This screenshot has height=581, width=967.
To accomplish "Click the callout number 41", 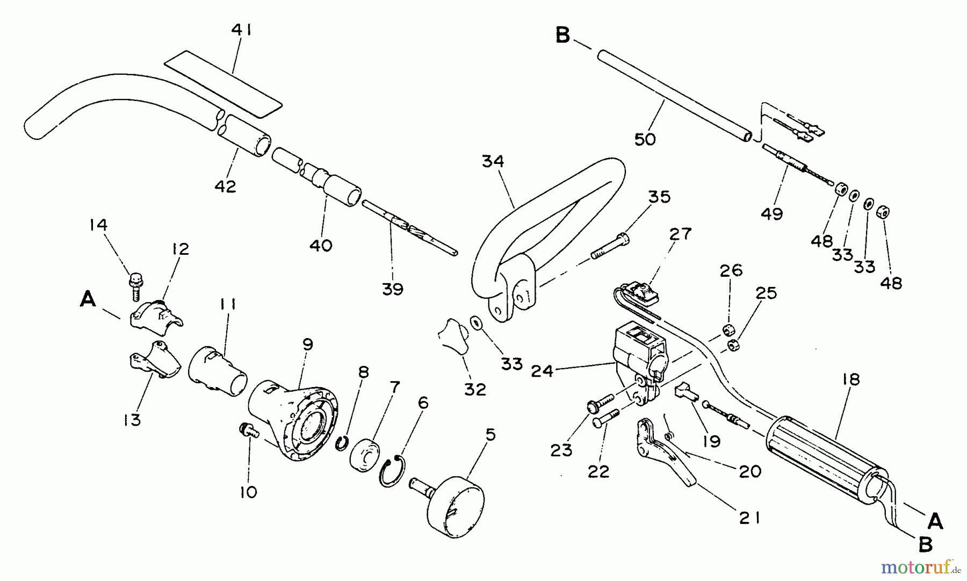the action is [241, 31].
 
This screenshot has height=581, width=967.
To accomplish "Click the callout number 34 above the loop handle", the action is [493, 161].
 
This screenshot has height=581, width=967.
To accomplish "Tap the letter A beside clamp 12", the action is [88, 299].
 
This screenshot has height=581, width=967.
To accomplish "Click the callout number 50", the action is [645, 139].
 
